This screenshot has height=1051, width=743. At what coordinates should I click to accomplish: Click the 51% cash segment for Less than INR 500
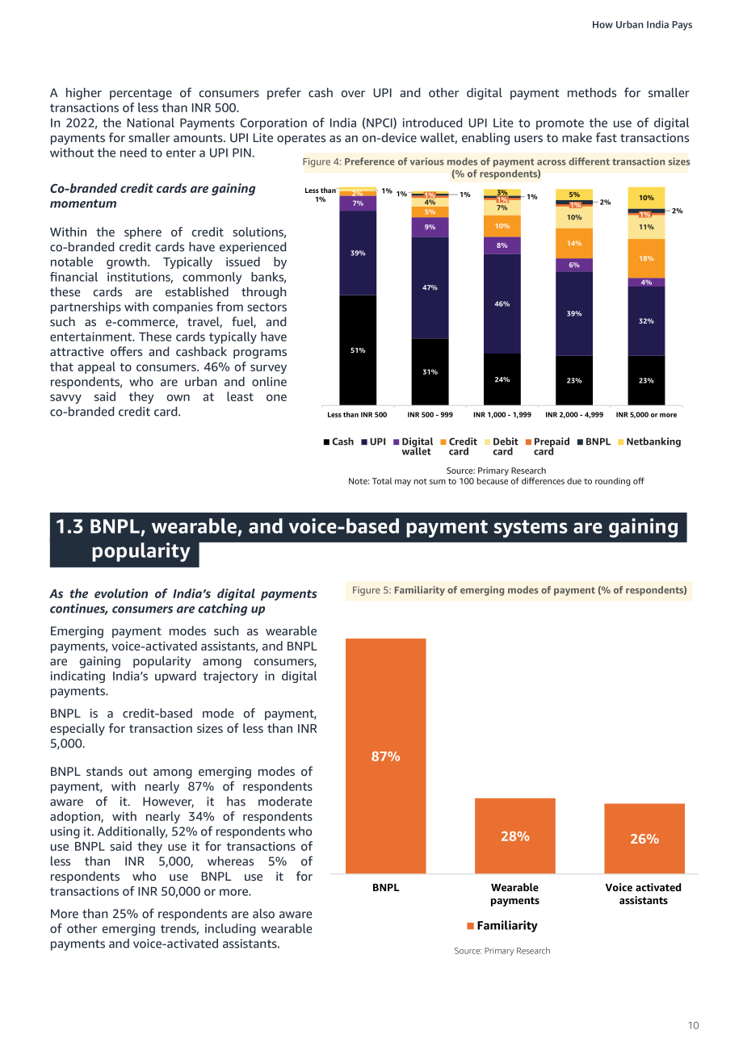coord(358,350)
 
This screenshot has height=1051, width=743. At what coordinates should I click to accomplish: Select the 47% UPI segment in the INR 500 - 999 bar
coord(430,287)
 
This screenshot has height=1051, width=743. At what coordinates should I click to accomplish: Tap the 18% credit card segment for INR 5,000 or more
coord(646,258)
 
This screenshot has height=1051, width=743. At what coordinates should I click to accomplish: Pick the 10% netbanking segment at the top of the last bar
coord(646,198)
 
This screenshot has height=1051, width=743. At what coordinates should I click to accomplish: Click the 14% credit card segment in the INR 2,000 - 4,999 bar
coord(574,244)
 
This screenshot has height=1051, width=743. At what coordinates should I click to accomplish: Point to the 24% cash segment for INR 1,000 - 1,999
coord(502,379)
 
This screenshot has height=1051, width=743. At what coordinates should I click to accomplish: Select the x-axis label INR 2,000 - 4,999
coord(574,415)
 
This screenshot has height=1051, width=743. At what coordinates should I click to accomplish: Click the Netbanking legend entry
coord(649,442)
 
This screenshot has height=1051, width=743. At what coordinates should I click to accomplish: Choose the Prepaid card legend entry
coord(548,446)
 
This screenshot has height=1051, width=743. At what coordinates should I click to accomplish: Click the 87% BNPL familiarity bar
coord(386,756)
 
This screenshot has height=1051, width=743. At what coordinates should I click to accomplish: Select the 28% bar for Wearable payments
coord(515,835)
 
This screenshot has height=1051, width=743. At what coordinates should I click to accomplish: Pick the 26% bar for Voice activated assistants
coord(644,839)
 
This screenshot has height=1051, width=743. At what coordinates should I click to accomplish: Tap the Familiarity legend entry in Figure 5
coord(502,925)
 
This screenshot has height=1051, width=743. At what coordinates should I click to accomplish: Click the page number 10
coord(693,1025)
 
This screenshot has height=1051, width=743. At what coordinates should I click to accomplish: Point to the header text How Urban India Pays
coord(642,25)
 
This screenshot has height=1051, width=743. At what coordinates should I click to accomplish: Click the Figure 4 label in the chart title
coord(322,162)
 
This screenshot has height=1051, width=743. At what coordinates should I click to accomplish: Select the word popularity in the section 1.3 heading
coord(141,551)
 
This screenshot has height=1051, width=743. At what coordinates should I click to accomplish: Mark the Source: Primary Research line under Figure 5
coord(502,951)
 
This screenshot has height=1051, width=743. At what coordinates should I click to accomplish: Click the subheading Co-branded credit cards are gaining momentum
coord(153,196)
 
